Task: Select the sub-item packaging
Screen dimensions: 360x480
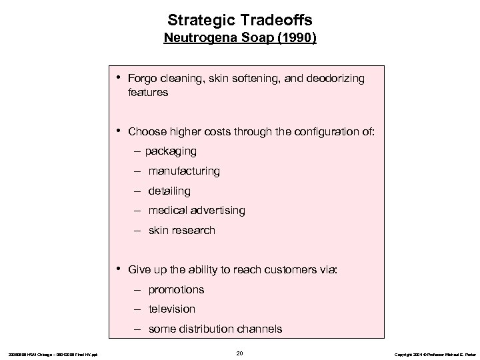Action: (171, 151)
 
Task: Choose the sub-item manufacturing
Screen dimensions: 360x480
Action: (184, 171)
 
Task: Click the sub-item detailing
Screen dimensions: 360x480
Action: (169, 191)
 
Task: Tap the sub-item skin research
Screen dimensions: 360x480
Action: (181, 231)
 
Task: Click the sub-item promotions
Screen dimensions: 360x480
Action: (176, 290)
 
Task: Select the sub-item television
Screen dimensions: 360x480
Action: (172, 309)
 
